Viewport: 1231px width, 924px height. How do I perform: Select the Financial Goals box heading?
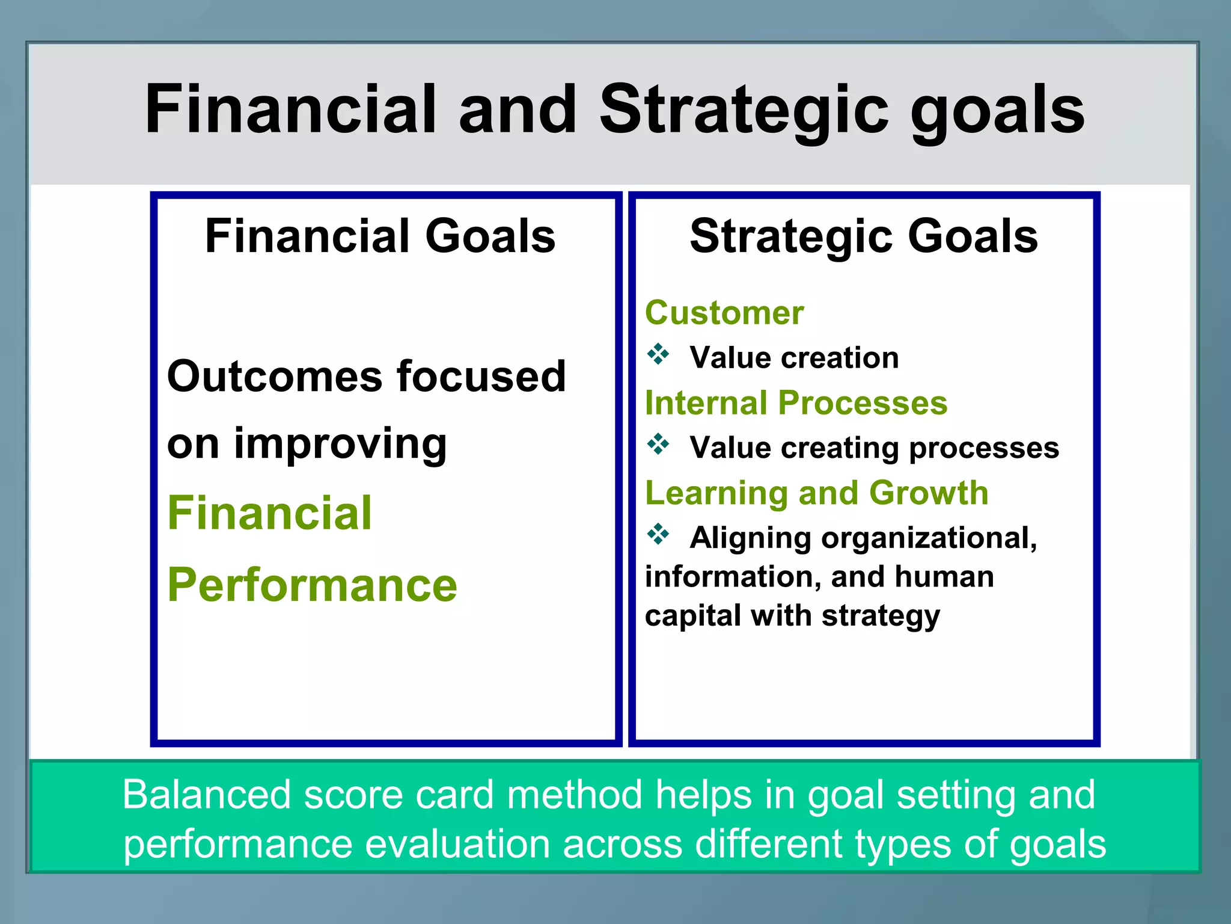pyautogui.click(x=380, y=236)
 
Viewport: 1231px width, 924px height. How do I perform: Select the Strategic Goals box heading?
pyautogui.click(x=864, y=236)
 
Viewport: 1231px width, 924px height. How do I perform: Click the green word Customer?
pyautogui.click(x=724, y=313)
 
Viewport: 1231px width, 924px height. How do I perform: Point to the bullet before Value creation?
pyautogui.click(x=658, y=354)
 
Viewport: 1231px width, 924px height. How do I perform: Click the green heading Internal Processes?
pyautogui.click(x=796, y=402)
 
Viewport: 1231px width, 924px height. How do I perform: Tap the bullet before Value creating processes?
pyautogui.click(x=658, y=445)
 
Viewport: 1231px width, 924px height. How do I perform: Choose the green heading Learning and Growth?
pyautogui.click(x=816, y=493)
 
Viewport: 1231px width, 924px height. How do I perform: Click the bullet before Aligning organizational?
pyautogui.click(x=658, y=534)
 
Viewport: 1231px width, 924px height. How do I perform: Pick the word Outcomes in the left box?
pyautogui.click(x=273, y=377)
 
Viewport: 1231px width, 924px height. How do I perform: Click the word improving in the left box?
pyautogui.click(x=340, y=444)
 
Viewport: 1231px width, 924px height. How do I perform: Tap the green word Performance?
pyautogui.click(x=313, y=585)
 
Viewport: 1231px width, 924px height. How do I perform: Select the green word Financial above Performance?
pyautogui.click(x=270, y=513)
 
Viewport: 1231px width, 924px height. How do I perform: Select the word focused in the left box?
pyautogui.click(x=481, y=377)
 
